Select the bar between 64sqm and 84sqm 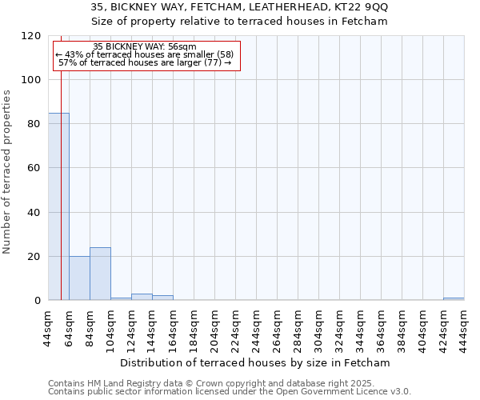(79, 278)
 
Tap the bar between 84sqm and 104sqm (100, 274)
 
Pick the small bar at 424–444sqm (454, 299)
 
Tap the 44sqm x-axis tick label (48, 326)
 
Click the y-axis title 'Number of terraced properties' (8, 171)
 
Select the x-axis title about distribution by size (260, 362)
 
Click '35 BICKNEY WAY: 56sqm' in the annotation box (145, 47)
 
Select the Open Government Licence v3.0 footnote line (230, 392)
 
